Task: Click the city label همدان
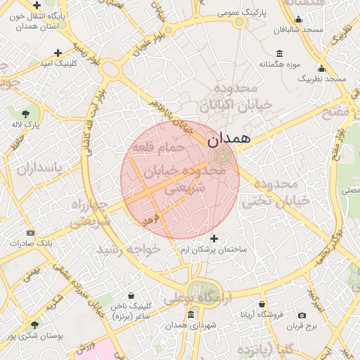[x=230, y=138]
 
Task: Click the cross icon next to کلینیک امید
[x=58, y=53]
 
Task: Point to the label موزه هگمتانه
[x=281, y=65]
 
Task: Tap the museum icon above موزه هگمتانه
[x=280, y=54]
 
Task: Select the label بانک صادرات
[x=30, y=243]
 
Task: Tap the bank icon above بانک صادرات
[x=30, y=233]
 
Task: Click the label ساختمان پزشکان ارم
[x=214, y=250]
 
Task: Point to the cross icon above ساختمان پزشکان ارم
[x=214, y=239]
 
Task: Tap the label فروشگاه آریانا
[x=262, y=314]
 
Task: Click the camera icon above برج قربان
[x=302, y=316]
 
